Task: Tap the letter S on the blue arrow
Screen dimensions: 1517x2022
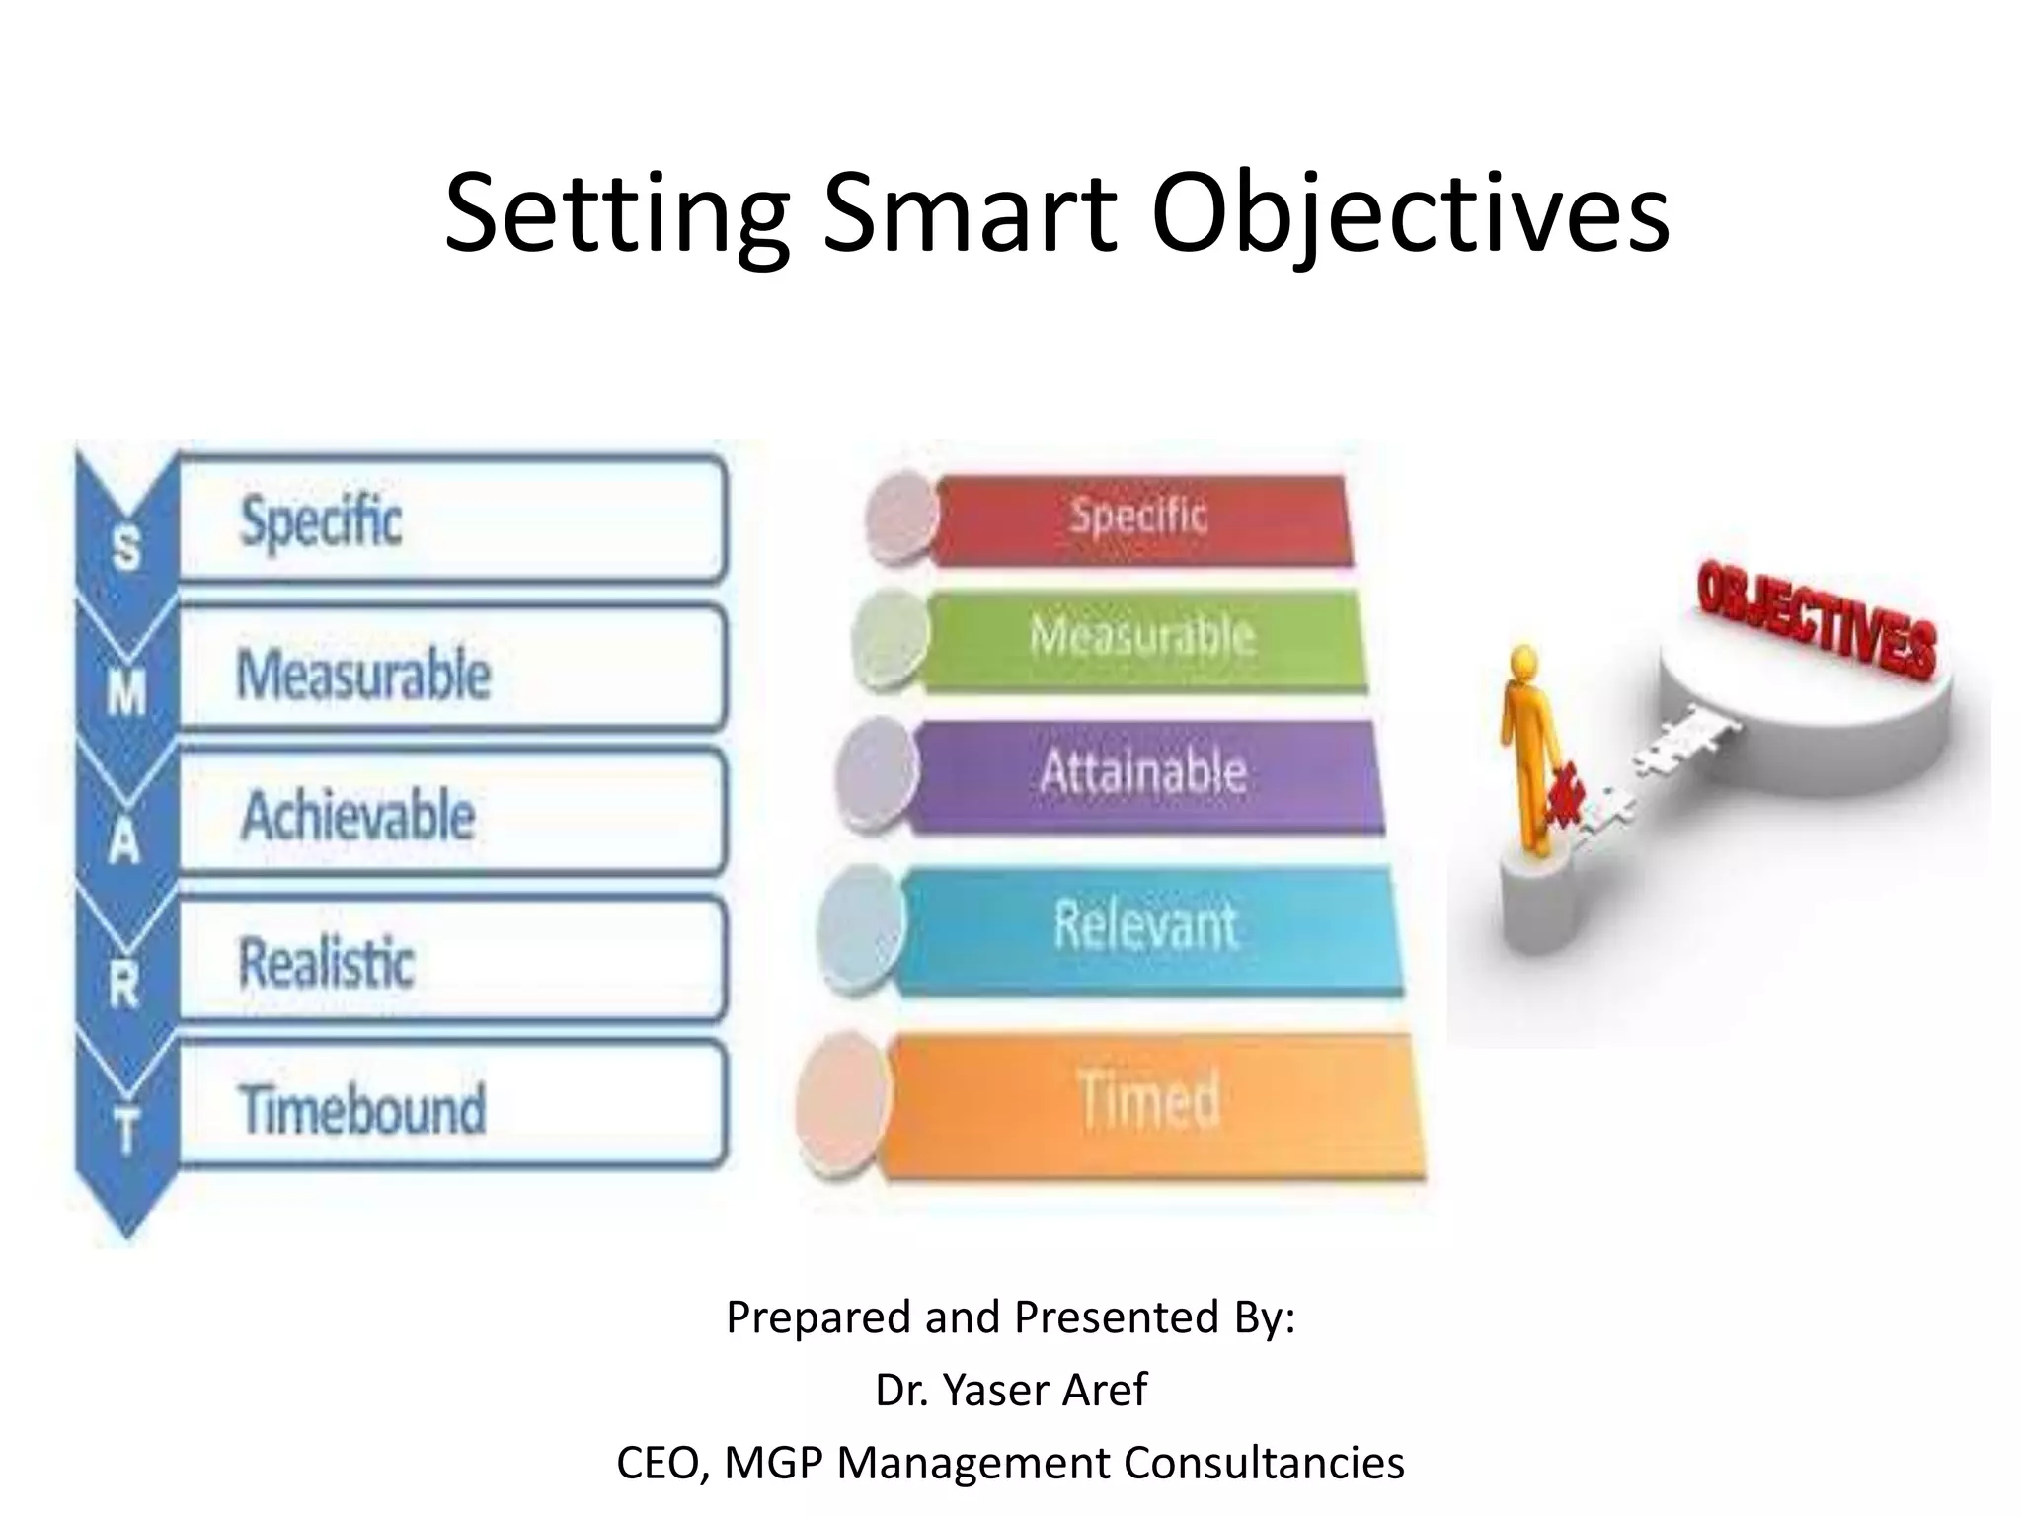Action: tap(126, 549)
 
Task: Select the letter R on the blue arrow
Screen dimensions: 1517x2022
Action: tap(124, 985)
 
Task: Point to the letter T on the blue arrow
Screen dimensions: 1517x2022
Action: tap(126, 1130)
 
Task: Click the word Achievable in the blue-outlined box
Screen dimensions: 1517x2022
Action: tap(358, 817)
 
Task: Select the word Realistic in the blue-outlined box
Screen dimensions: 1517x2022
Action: tap(327, 963)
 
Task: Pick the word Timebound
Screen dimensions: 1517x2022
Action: tap(362, 1109)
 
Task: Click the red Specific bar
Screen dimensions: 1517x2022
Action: tap(1140, 519)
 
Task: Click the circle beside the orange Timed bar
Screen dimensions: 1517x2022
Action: tap(842, 1104)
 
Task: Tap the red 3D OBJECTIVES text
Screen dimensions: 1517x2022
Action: tap(1817, 622)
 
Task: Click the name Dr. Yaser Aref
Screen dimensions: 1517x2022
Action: tap(1010, 1390)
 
